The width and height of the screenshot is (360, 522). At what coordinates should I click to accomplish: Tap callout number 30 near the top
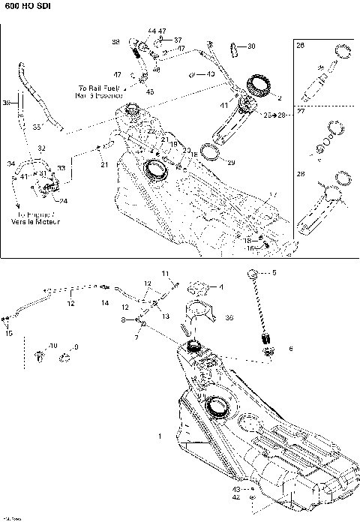coord(250,46)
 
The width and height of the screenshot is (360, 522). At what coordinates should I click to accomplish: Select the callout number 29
coord(231,163)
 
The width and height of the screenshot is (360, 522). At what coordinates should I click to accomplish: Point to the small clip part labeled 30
coord(233,47)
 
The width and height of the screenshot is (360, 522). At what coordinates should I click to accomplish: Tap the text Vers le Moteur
coord(37,222)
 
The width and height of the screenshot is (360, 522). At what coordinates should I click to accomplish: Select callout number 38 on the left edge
coord(7,103)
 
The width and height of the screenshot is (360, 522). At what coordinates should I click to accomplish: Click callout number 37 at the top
coord(178,39)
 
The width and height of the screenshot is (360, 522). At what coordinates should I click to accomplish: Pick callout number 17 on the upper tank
coord(273,195)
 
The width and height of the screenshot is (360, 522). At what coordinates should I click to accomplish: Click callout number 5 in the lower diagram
coord(274,273)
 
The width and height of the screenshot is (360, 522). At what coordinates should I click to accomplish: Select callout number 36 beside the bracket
coord(229,318)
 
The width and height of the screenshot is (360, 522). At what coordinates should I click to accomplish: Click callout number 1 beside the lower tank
coord(159,435)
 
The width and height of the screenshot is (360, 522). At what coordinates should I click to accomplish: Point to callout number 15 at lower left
coord(9,333)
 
